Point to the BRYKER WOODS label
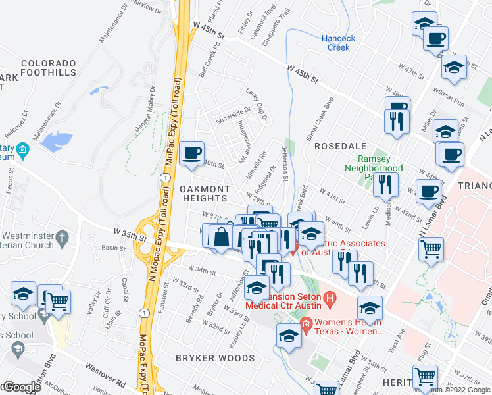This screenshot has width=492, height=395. coord(214,358)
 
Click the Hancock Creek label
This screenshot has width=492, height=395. coord(338,43)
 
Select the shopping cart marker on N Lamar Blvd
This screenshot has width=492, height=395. coord(431,249)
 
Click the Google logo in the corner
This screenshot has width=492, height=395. coord(21,387)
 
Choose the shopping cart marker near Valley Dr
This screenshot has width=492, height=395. coord(58,301)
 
